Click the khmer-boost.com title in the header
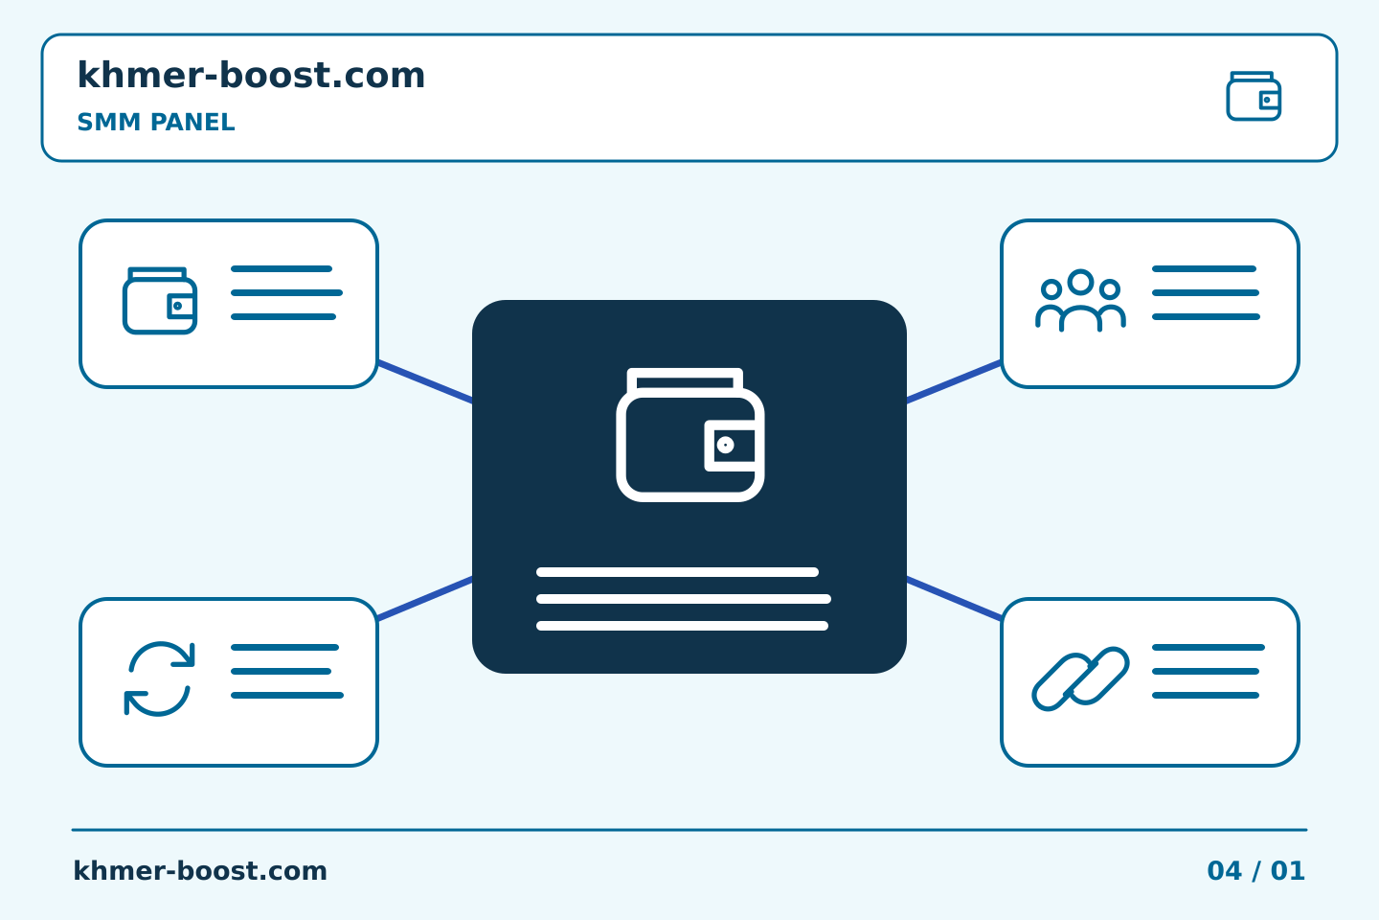click(251, 75)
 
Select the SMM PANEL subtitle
click(156, 122)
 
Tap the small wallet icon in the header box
click(1254, 96)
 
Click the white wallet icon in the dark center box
click(690, 434)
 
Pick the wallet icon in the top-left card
click(160, 301)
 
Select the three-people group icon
click(1080, 300)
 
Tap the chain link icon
click(1080, 679)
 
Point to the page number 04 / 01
click(1255, 871)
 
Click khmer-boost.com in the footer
click(200, 871)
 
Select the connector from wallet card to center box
click(425, 381)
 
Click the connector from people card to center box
click(954, 381)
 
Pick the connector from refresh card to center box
click(425, 598)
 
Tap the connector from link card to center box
click(954, 598)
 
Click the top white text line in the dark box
click(677, 572)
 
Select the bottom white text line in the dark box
click(682, 626)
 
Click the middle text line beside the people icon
click(1206, 292)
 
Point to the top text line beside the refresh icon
click(284, 648)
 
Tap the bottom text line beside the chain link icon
click(1206, 696)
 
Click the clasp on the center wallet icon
click(730, 446)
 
